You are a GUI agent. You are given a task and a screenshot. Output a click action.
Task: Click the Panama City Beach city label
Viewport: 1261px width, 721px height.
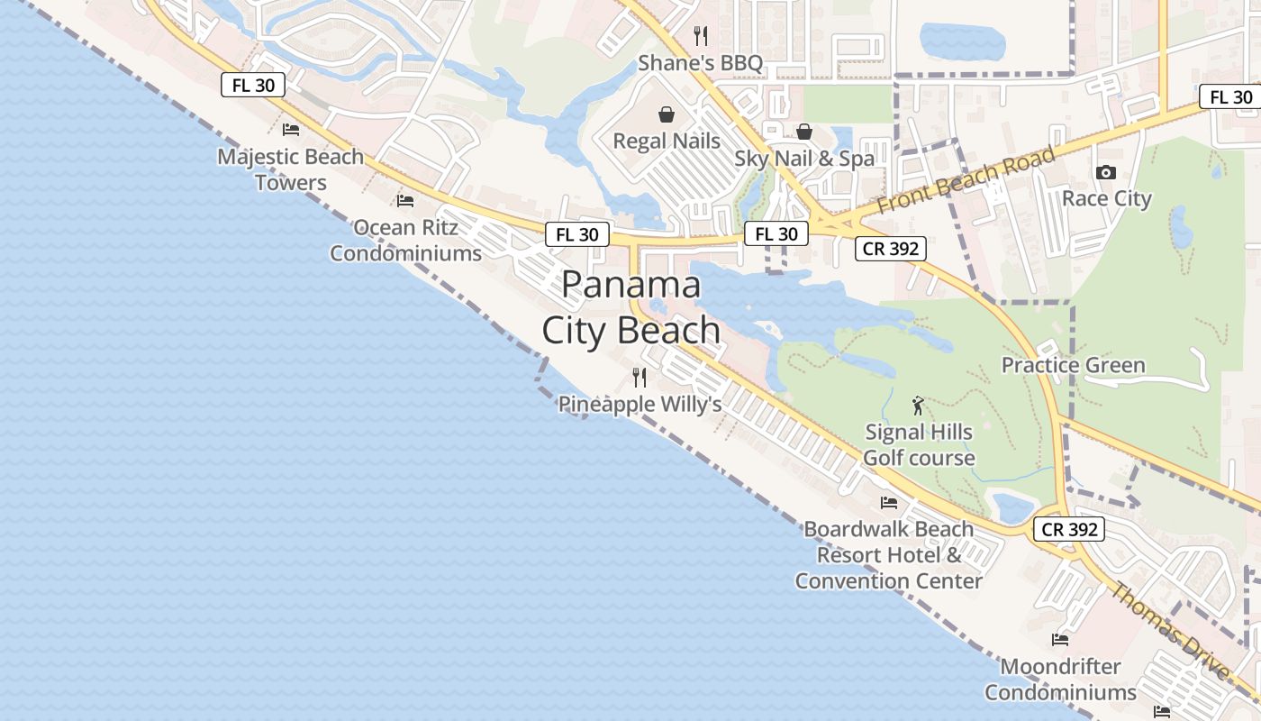pos(631,307)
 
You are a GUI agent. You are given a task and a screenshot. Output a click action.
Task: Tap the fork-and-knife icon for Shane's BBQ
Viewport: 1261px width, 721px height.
pos(701,36)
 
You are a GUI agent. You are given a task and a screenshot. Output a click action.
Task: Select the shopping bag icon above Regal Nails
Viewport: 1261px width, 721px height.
pos(667,114)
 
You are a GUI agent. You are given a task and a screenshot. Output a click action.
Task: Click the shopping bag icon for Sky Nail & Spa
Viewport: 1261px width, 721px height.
pos(804,132)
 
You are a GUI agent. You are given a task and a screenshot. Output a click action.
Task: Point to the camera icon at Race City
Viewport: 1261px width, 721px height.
pos(1106,172)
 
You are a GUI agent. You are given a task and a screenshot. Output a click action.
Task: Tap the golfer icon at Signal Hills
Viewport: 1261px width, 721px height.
pos(918,406)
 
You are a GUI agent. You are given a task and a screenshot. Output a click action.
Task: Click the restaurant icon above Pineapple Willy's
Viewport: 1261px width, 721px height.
pos(640,377)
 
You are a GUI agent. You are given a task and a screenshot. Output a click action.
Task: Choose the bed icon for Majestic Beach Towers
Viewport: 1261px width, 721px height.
pos(290,130)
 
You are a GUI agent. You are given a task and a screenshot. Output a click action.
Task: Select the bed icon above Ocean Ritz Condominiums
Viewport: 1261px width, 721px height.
pos(405,200)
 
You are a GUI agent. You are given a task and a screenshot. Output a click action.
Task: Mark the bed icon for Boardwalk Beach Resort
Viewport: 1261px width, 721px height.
pos(889,502)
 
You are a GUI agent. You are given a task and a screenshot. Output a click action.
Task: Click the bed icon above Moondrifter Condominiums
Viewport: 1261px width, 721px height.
pos(1060,640)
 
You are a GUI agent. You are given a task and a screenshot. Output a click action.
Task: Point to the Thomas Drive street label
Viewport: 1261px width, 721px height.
pos(1170,631)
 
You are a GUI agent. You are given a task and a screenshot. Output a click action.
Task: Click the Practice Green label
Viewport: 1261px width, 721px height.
pos(1074,365)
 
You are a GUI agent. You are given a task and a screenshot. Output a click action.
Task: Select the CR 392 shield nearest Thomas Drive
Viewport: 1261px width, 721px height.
pos(1070,529)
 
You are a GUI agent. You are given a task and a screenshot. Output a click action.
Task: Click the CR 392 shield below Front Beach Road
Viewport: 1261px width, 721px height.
pos(891,249)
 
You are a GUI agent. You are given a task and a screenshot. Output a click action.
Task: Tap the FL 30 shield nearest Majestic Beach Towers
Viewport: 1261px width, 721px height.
pos(252,86)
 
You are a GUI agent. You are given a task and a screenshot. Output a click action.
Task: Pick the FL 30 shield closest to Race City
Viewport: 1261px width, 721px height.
pos(1230,97)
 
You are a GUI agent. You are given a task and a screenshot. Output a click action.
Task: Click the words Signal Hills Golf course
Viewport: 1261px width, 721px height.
pos(919,444)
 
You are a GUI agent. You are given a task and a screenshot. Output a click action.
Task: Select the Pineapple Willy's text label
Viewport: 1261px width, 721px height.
pos(640,405)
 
